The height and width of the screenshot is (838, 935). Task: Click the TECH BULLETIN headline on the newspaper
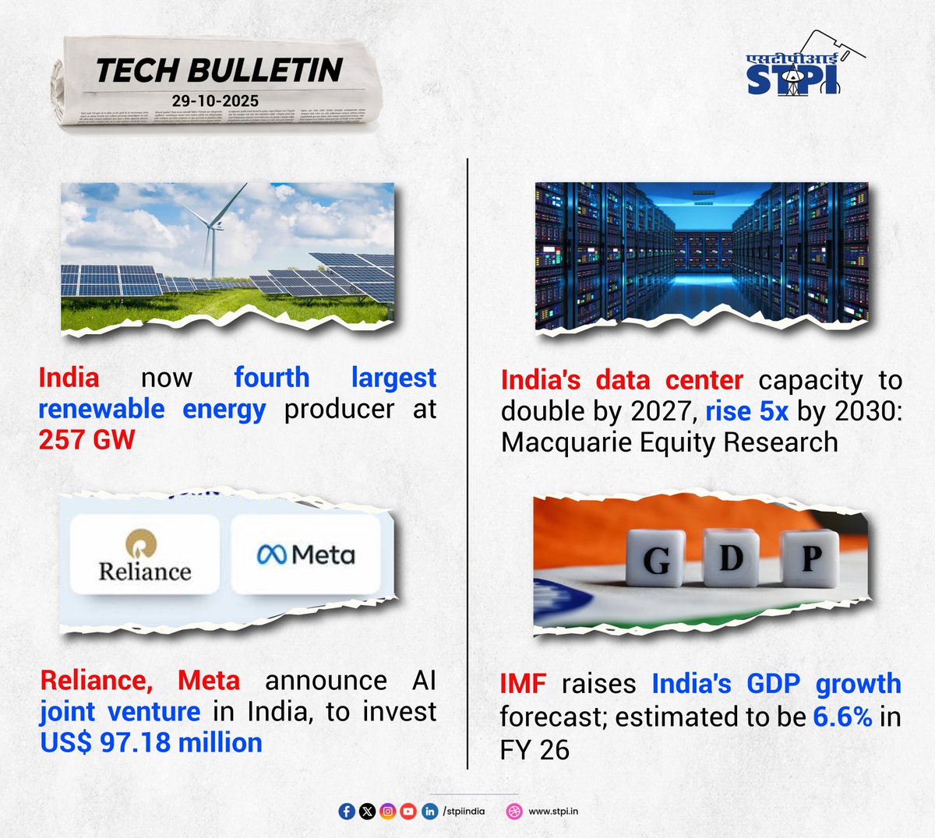(219, 70)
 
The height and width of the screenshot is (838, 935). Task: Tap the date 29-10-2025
(215, 100)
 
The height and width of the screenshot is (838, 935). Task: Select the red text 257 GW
(86, 440)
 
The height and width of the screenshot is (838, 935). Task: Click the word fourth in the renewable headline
(271, 378)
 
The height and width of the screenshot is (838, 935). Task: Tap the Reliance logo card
(144, 555)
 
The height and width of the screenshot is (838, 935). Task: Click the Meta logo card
(305, 554)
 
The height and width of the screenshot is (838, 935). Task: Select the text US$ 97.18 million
(151, 743)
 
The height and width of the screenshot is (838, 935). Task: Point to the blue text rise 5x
(746, 411)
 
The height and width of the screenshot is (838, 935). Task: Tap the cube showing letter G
(656, 560)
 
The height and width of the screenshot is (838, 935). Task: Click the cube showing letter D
(730, 558)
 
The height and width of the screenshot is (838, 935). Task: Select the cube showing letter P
(810, 558)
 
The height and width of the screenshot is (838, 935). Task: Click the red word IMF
(522, 685)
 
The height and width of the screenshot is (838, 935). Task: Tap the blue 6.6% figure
(842, 717)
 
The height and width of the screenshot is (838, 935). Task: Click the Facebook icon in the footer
(348, 812)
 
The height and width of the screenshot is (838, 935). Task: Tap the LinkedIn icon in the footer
(429, 812)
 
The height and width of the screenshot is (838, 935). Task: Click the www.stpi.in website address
(553, 812)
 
